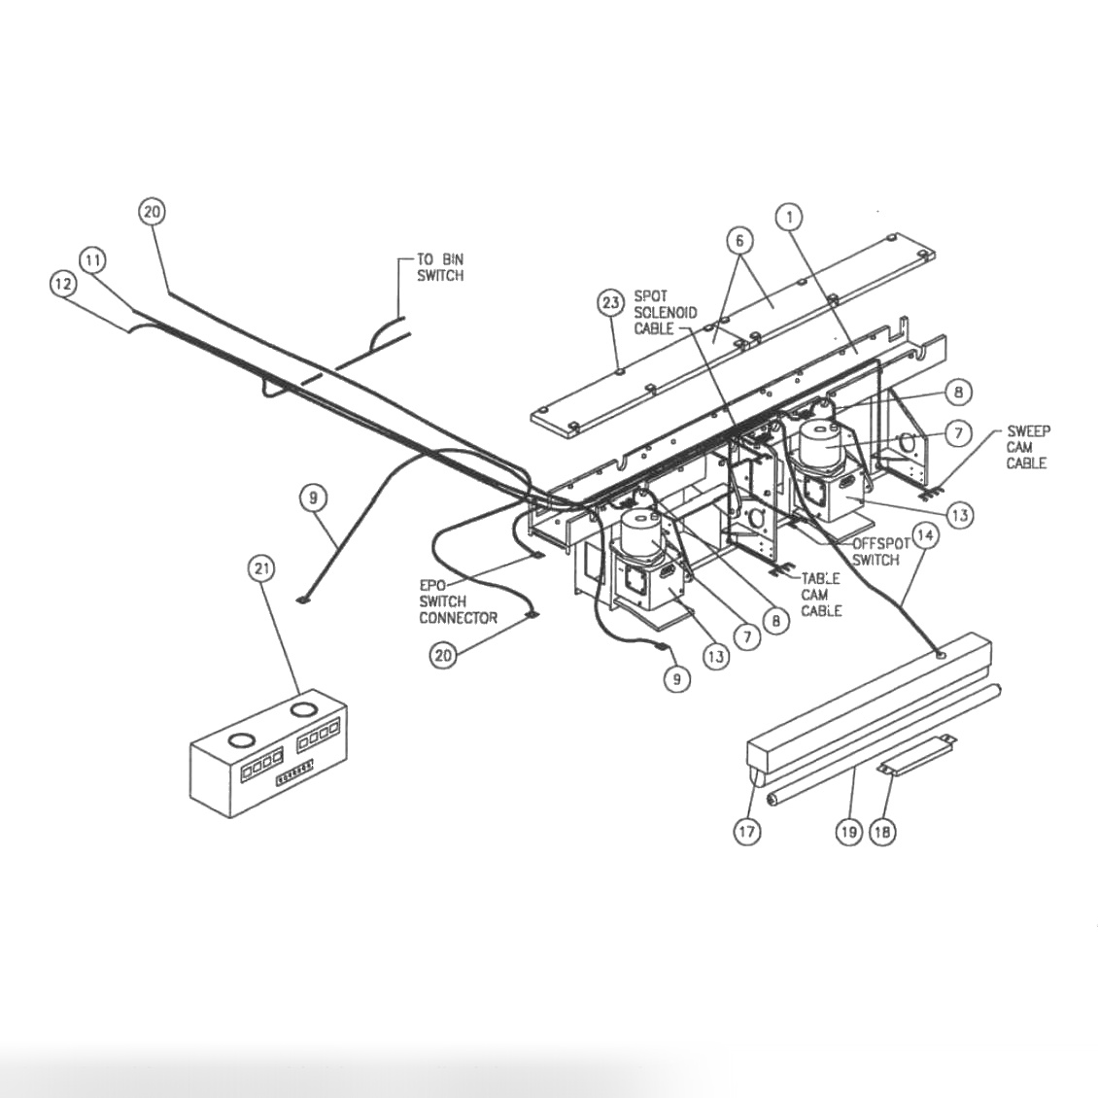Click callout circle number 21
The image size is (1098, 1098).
point(261,568)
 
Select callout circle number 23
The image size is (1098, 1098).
point(610,303)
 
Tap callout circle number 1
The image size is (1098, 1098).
point(790,217)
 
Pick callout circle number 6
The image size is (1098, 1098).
point(739,239)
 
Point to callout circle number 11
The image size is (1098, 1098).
point(93,260)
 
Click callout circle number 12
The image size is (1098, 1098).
point(63,283)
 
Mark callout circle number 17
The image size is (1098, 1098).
point(747,832)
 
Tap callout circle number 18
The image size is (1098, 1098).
point(882,832)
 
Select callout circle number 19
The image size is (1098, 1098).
point(848,832)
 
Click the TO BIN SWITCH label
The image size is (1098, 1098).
point(440,267)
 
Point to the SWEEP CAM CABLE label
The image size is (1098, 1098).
point(1027,447)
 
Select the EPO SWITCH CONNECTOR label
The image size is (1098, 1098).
point(458,601)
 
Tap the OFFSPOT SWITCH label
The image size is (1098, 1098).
point(876,552)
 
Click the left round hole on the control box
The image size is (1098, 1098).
point(239,741)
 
